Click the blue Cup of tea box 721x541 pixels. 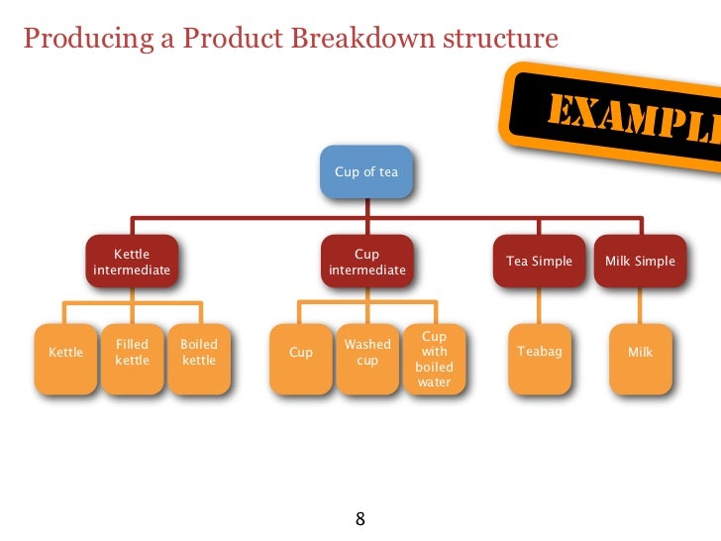[x=366, y=171]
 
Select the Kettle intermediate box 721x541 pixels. [x=132, y=262]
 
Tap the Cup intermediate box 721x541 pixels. [x=366, y=262]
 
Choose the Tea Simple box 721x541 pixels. [x=540, y=262]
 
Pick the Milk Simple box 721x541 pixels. [x=640, y=262]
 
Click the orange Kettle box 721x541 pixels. [x=66, y=359]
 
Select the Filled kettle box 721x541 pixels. [x=132, y=359]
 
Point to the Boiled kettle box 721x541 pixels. [x=199, y=359]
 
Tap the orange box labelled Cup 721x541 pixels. [x=301, y=359]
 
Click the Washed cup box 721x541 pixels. [x=366, y=359]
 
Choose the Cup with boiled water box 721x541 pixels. [x=434, y=359]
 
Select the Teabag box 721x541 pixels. [x=540, y=359]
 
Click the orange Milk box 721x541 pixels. [x=640, y=359]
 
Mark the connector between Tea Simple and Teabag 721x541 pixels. [x=540, y=306]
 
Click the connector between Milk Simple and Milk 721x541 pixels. [x=640, y=306]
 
